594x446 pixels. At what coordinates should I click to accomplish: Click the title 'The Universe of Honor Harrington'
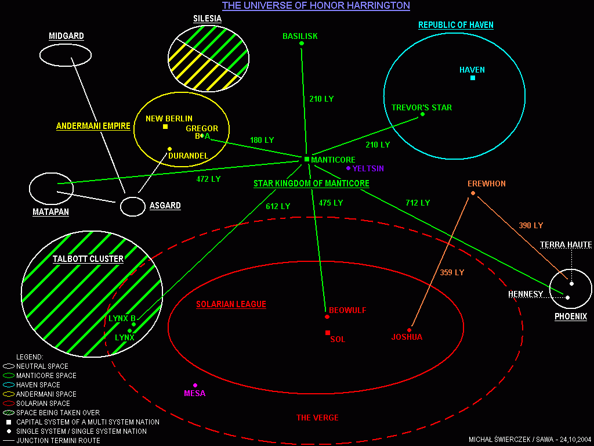click(x=316, y=6)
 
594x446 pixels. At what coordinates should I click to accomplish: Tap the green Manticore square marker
click(x=307, y=159)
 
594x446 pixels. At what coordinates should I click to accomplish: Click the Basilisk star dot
click(x=301, y=43)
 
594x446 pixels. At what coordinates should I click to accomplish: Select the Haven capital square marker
click(x=473, y=78)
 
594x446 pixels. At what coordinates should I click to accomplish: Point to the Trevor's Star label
click(x=421, y=107)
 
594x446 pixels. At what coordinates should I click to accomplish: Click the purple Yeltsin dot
click(x=348, y=168)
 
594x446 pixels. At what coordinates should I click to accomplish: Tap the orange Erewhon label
click(x=486, y=184)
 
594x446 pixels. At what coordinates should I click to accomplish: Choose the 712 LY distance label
click(x=417, y=203)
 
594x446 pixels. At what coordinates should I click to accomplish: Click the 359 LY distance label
click(x=451, y=272)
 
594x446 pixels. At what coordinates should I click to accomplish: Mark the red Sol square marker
click(x=328, y=333)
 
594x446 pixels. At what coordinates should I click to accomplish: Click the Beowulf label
click(x=347, y=311)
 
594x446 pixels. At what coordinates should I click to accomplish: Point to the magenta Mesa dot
click(x=195, y=385)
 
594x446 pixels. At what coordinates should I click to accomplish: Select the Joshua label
click(x=407, y=337)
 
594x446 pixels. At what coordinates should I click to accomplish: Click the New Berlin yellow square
click(x=165, y=127)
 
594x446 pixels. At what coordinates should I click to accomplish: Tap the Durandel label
click(x=188, y=156)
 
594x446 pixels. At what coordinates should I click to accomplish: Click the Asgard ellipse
click(x=132, y=206)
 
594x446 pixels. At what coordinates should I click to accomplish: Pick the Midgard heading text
click(x=66, y=36)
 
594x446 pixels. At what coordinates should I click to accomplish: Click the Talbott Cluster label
click(x=88, y=259)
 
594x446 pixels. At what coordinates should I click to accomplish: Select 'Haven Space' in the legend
click(x=38, y=385)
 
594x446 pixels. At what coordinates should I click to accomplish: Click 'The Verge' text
click(x=317, y=418)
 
